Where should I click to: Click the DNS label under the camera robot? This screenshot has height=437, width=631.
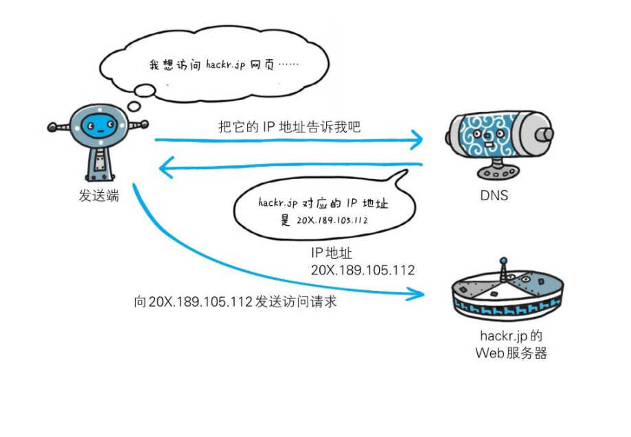click(x=494, y=196)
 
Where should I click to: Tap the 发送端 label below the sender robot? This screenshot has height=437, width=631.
click(x=99, y=196)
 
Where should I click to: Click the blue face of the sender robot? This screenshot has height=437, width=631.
click(x=100, y=126)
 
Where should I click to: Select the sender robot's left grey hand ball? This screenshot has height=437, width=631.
click(x=52, y=128)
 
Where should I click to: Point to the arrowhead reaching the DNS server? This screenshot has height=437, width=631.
click(x=417, y=139)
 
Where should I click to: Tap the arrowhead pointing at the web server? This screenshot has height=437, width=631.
click(x=417, y=294)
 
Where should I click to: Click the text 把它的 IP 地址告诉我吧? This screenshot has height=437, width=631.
click(x=289, y=127)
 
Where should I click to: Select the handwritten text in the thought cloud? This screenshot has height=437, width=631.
click(x=224, y=64)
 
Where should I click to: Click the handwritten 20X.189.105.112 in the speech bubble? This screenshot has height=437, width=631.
click(x=332, y=220)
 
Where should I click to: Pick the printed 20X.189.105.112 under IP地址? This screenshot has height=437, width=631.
click(x=363, y=270)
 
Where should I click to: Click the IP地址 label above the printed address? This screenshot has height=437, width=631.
click(x=332, y=253)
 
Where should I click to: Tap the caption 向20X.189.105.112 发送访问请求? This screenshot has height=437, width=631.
click(x=235, y=302)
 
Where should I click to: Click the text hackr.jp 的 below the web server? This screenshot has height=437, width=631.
click(x=511, y=335)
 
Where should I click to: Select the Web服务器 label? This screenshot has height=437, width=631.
click(x=511, y=353)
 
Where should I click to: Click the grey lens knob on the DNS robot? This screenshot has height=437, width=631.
click(x=545, y=134)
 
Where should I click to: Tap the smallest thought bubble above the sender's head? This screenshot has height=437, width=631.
click(x=134, y=106)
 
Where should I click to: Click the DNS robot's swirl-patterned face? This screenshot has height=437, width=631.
click(x=488, y=135)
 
